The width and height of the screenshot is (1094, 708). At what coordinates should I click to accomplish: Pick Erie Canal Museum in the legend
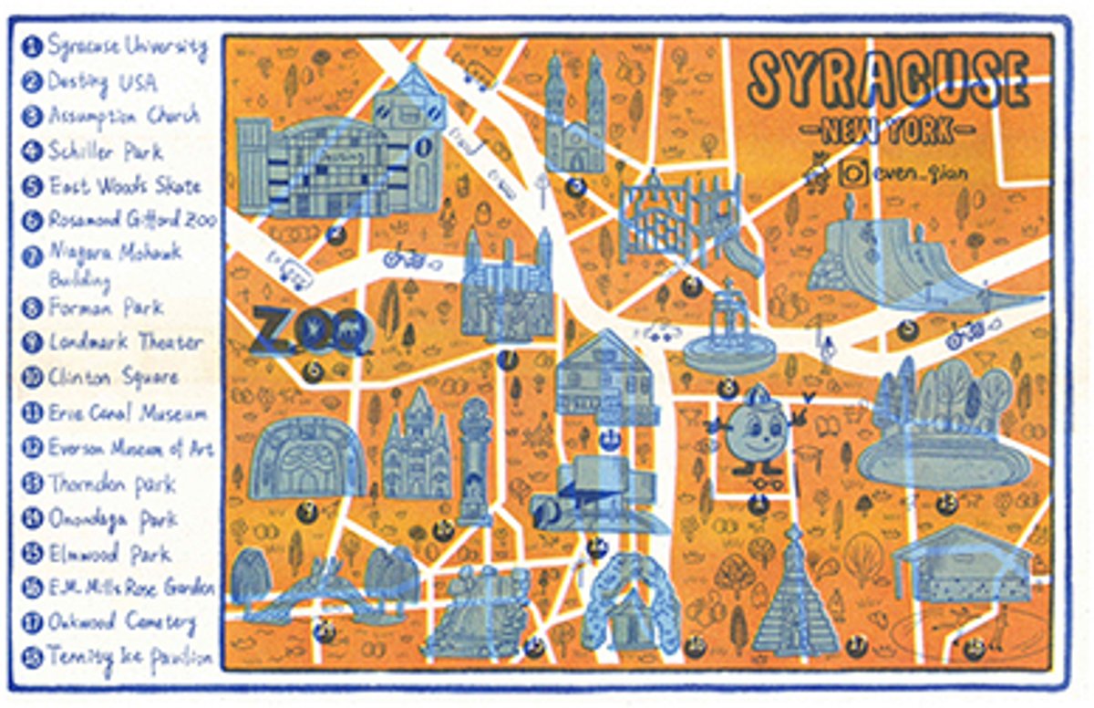[x=127, y=413]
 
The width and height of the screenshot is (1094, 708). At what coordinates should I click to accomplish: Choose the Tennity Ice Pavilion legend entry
[x=129, y=656]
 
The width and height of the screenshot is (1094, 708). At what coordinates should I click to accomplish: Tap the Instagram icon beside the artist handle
[x=853, y=171]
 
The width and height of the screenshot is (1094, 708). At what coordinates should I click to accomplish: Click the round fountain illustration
[x=726, y=333]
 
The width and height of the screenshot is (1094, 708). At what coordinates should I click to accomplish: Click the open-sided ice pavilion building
[x=962, y=566]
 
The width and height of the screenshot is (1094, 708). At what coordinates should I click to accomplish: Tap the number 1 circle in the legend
[x=34, y=46]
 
